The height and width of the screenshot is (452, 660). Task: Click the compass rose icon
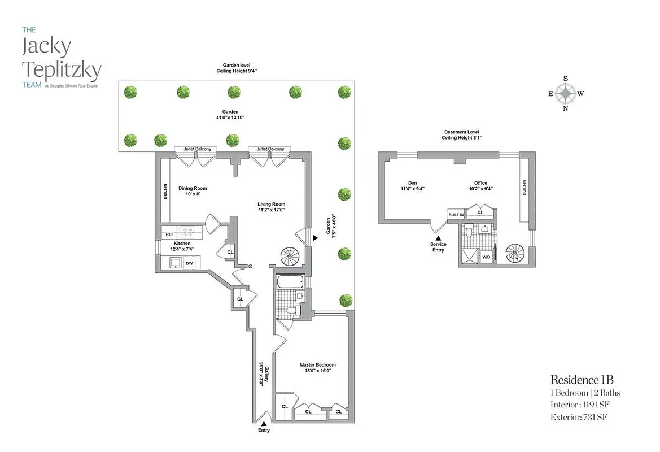coord(566,94)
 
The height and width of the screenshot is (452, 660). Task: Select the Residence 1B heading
coord(582,379)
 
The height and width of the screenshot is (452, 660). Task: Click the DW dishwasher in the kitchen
coord(189,263)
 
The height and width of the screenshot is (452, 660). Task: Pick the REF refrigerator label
coord(169,234)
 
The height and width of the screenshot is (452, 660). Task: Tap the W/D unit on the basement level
coord(486,257)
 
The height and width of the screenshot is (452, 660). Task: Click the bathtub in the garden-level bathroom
coord(290,281)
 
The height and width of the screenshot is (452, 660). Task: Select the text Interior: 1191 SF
coord(580,405)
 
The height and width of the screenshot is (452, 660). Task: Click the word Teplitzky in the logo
coord(62,70)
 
